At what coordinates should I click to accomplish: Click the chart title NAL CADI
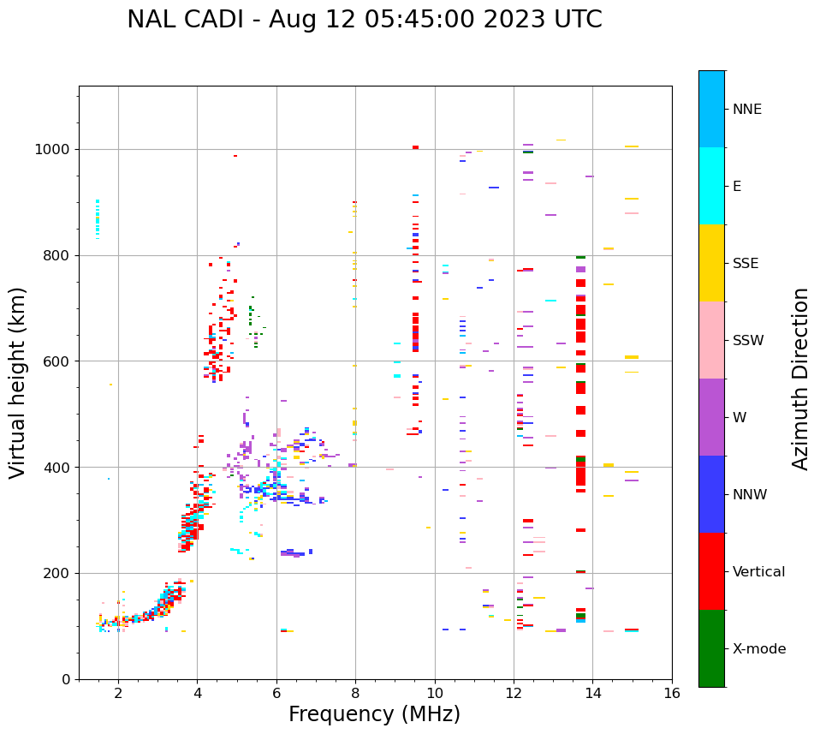(x=364, y=20)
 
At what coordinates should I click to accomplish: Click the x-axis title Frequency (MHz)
(x=374, y=714)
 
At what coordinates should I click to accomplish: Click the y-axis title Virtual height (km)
(x=18, y=383)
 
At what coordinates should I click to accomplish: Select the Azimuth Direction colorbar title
(x=800, y=379)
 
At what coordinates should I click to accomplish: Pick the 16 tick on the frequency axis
(x=672, y=693)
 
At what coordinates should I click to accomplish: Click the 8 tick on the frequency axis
(x=355, y=693)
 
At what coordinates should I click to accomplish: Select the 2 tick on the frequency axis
(x=118, y=693)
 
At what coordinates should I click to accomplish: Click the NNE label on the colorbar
(x=746, y=110)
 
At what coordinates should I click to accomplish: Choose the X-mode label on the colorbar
(x=758, y=649)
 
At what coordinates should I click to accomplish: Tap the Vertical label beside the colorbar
(x=758, y=572)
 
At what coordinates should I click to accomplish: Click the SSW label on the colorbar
(x=748, y=341)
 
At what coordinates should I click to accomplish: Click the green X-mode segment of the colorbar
(x=711, y=648)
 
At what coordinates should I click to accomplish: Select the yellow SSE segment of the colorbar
(x=711, y=263)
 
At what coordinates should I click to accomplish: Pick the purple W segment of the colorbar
(x=711, y=417)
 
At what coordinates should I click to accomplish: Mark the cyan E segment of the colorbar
(x=711, y=186)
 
